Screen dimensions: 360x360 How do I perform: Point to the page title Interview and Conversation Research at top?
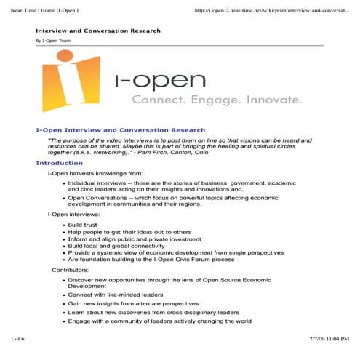coord(98,31)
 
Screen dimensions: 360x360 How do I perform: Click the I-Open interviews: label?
coord(73,215)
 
